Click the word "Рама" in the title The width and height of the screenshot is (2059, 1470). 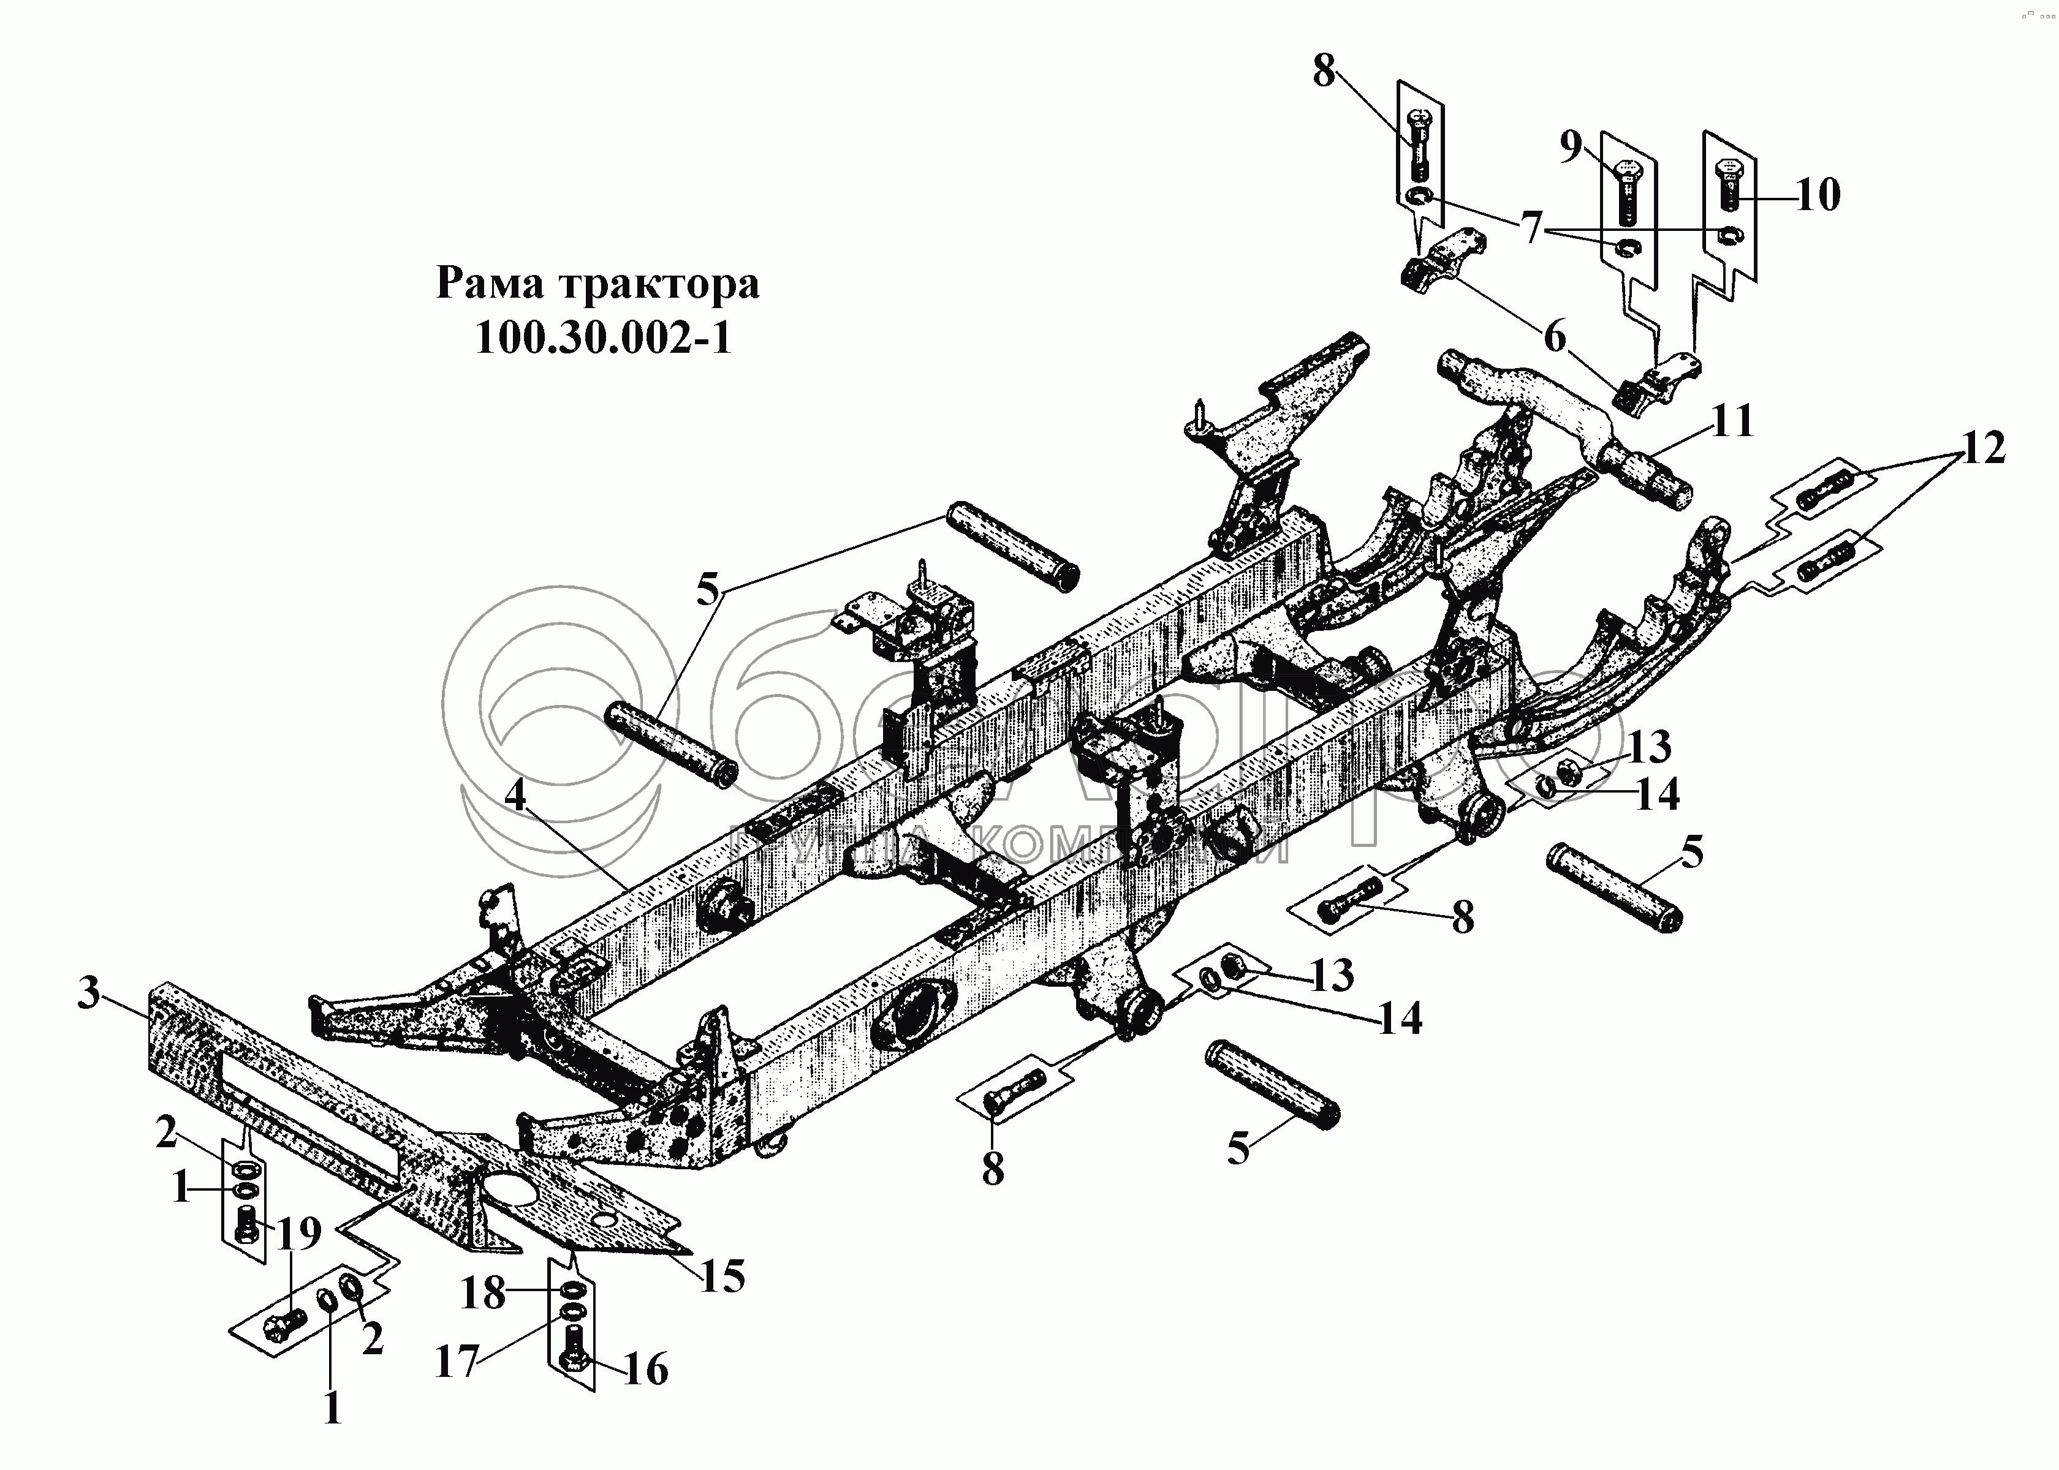(489, 284)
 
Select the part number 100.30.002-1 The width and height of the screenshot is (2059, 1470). (602, 339)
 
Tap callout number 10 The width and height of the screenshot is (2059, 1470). (1817, 195)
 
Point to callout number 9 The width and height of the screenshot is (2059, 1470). (1571, 146)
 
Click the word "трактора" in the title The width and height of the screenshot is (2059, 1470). (658, 284)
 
